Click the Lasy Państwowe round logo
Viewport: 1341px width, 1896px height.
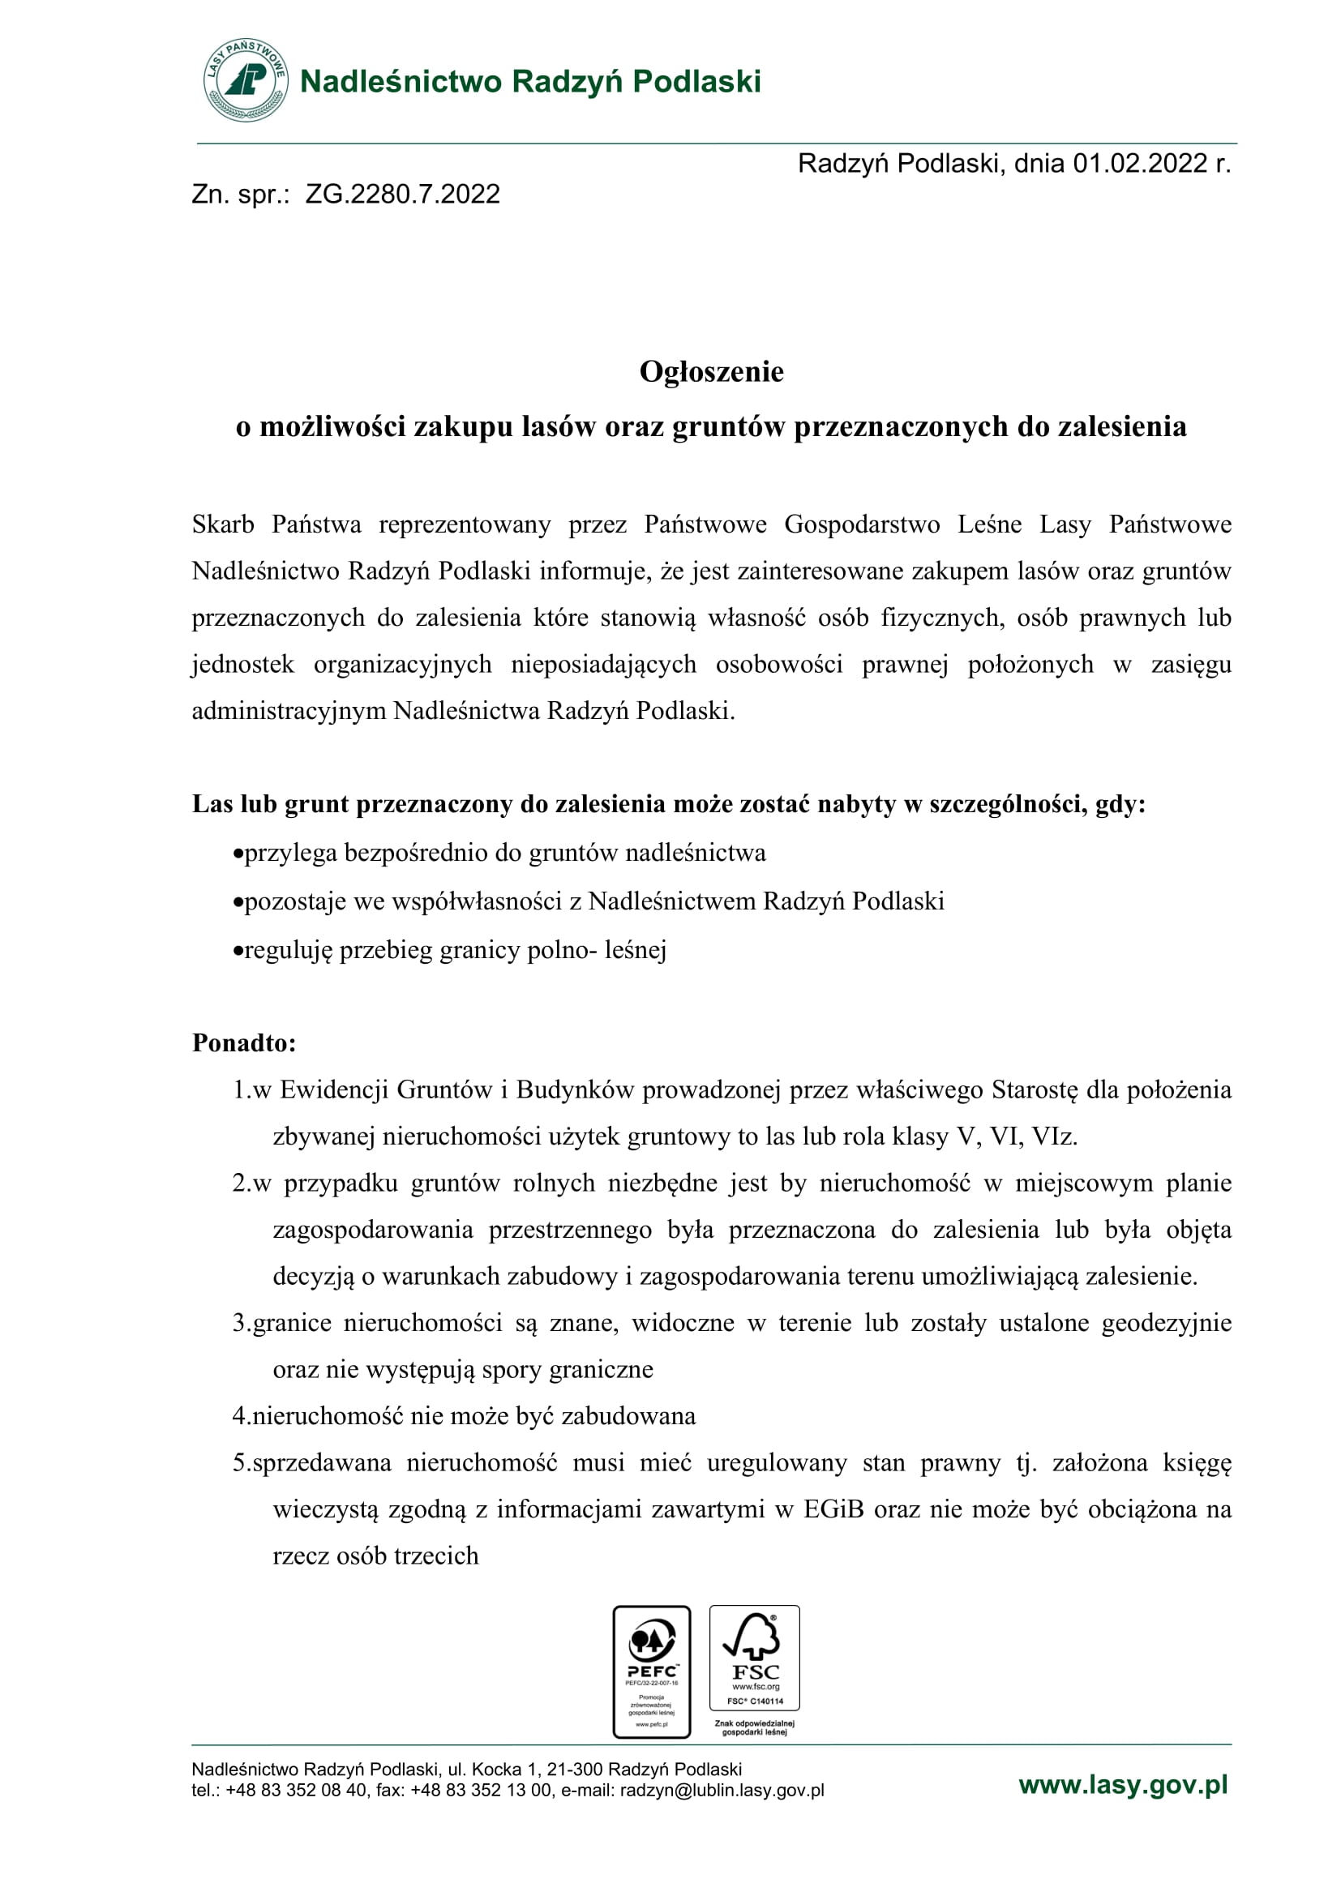[245, 80]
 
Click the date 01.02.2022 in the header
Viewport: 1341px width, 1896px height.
[1139, 164]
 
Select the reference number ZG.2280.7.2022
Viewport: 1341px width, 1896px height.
[402, 194]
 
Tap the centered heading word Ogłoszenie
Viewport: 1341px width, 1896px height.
[711, 371]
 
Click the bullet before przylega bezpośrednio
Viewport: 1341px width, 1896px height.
[238, 854]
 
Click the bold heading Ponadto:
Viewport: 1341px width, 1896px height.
[243, 1043]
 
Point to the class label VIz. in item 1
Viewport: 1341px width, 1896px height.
[1055, 1136]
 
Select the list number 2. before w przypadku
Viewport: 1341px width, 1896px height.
[241, 1183]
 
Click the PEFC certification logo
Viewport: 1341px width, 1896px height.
[652, 1671]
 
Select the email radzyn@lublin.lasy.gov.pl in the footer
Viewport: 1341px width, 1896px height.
[722, 1791]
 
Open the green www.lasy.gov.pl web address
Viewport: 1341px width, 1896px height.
[1123, 1784]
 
